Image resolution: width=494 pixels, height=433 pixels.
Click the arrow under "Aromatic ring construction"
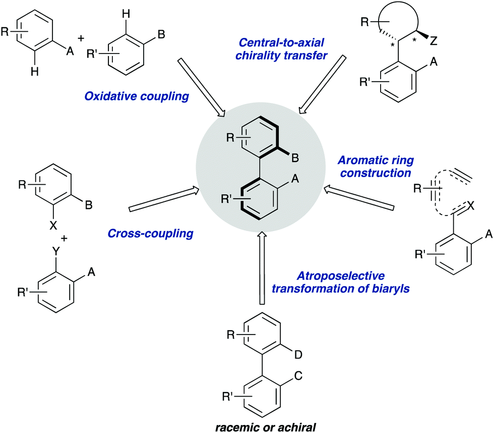(357, 198)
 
